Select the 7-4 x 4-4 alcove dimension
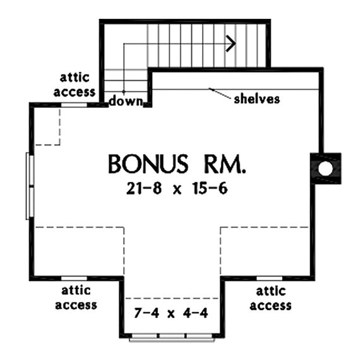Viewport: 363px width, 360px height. pyautogui.click(x=170, y=313)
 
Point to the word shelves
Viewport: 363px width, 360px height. pyautogui.click(x=256, y=99)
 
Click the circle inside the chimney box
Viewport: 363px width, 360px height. pyautogui.click(x=325, y=169)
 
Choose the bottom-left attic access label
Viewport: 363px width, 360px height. pyautogui.click(x=76, y=298)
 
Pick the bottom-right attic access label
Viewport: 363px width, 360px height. pyautogui.click(x=271, y=298)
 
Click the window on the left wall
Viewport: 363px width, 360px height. pyautogui.click(x=28, y=186)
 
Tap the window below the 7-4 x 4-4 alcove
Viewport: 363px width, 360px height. pyautogui.click(x=170, y=339)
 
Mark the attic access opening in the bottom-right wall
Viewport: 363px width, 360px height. pyautogui.click(x=268, y=278)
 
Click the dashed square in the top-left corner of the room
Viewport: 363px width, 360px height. pyautogui.click(x=47, y=126)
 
